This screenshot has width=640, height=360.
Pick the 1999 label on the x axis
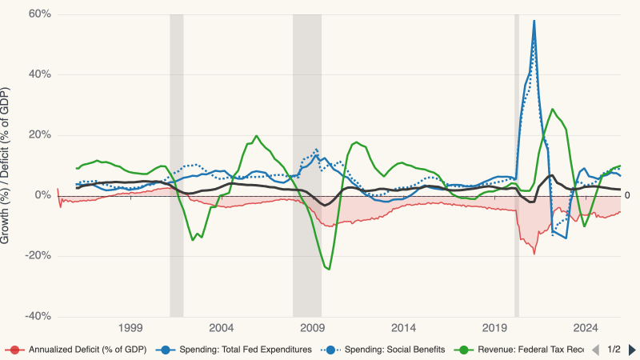(130, 328)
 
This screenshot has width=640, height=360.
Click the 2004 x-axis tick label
(222, 328)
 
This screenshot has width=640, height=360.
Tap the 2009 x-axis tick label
(313, 328)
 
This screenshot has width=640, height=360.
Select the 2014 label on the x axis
(404, 328)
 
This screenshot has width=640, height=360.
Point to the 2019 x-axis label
(495, 328)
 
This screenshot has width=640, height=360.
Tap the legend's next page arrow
(631, 350)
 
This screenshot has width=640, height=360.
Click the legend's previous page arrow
(595, 350)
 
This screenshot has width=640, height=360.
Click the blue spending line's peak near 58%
(534, 21)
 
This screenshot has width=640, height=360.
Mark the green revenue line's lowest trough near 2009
(328, 269)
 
